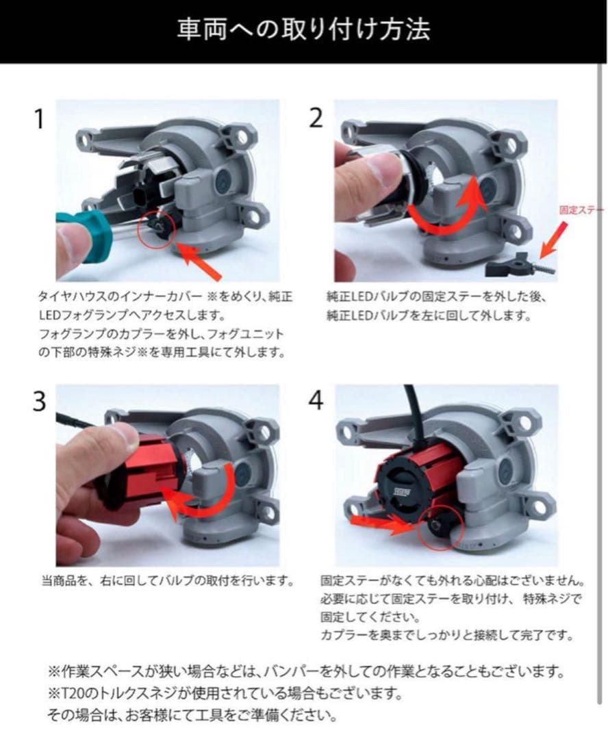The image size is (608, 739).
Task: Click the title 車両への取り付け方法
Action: click(x=303, y=29)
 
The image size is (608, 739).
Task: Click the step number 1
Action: click(x=40, y=119)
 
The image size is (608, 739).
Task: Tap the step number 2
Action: click(x=316, y=118)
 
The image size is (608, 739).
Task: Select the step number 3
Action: click(x=40, y=402)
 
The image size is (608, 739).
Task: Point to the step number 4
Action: click(x=316, y=400)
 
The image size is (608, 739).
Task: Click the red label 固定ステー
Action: click(x=581, y=210)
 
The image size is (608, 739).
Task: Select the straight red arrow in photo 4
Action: click(x=382, y=523)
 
